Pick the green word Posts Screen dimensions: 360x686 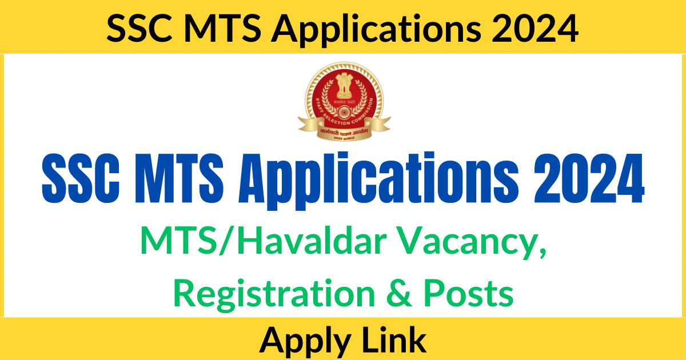coord(473,294)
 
